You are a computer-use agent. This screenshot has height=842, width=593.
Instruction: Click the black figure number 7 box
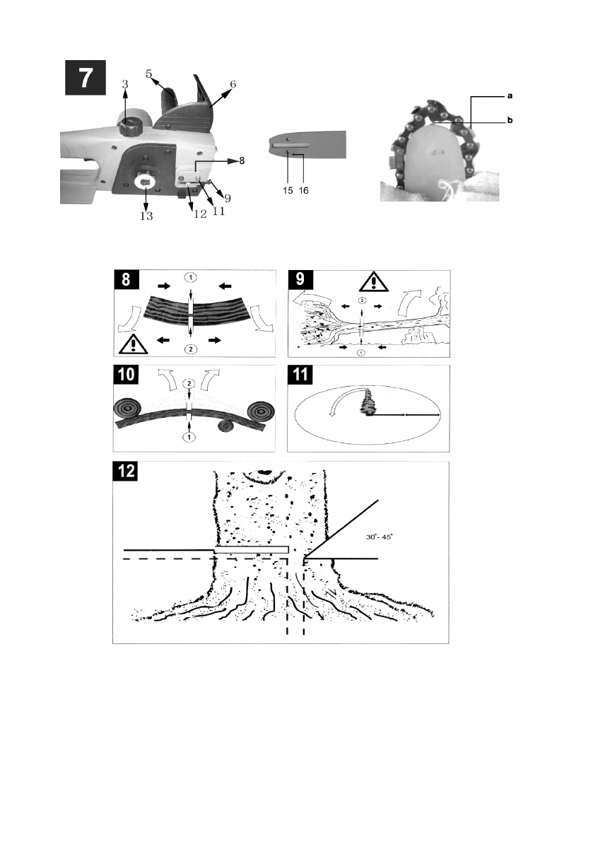click(x=86, y=77)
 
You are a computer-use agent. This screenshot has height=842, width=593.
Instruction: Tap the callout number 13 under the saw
click(x=146, y=216)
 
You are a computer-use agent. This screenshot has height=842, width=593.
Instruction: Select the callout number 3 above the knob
click(x=125, y=84)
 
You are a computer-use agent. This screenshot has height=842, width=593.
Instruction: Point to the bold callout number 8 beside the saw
click(x=242, y=160)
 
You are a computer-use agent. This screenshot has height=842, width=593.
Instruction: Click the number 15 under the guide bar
click(x=288, y=191)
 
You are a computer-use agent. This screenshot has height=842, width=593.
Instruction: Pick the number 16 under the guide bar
click(x=304, y=191)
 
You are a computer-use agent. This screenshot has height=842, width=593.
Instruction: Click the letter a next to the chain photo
click(x=510, y=96)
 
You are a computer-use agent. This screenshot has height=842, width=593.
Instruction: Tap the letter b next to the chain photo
click(x=510, y=120)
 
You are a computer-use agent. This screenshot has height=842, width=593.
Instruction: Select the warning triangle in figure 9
click(x=374, y=281)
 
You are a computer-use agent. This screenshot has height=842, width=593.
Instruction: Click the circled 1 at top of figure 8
click(x=191, y=278)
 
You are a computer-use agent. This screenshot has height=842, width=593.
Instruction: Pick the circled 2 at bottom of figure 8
click(x=191, y=349)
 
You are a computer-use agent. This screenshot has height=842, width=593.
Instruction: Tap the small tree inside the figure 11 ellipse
click(x=369, y=403)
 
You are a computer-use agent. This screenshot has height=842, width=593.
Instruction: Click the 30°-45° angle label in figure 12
click(x=380, y=537)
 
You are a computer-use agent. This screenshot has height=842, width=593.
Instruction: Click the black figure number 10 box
click(x=126, y=374)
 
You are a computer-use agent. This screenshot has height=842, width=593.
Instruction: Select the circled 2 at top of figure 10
click(x=189, y=384)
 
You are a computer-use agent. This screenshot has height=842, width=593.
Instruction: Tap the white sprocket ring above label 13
click(x=146, y=182)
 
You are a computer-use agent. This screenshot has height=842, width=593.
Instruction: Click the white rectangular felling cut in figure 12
click(x=252, y=550)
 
